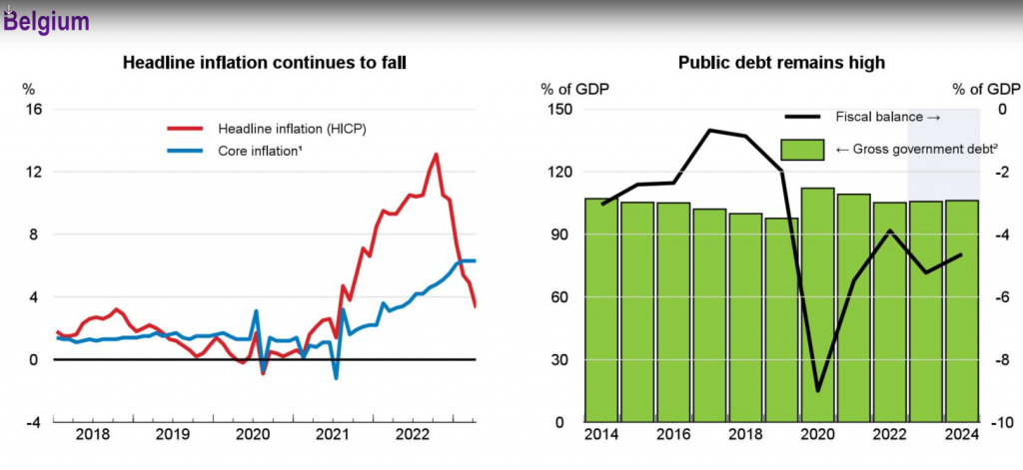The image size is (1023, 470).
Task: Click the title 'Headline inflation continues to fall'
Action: point(264,63)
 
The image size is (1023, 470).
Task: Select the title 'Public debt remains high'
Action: point(781,63)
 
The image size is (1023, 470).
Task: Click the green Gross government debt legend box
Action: point(801,150)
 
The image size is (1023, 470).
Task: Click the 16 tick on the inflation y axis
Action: point(33,109)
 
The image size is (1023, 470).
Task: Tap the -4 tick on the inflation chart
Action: point(31,422)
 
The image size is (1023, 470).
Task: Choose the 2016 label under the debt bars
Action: point(673,435)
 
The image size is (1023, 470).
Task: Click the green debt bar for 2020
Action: point(818,304)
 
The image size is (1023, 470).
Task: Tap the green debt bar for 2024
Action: point(962,311)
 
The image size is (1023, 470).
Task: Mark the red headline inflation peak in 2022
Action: point(436,155)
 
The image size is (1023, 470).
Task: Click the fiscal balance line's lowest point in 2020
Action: point(818,390)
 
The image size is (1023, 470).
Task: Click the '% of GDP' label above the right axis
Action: point(985,89)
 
